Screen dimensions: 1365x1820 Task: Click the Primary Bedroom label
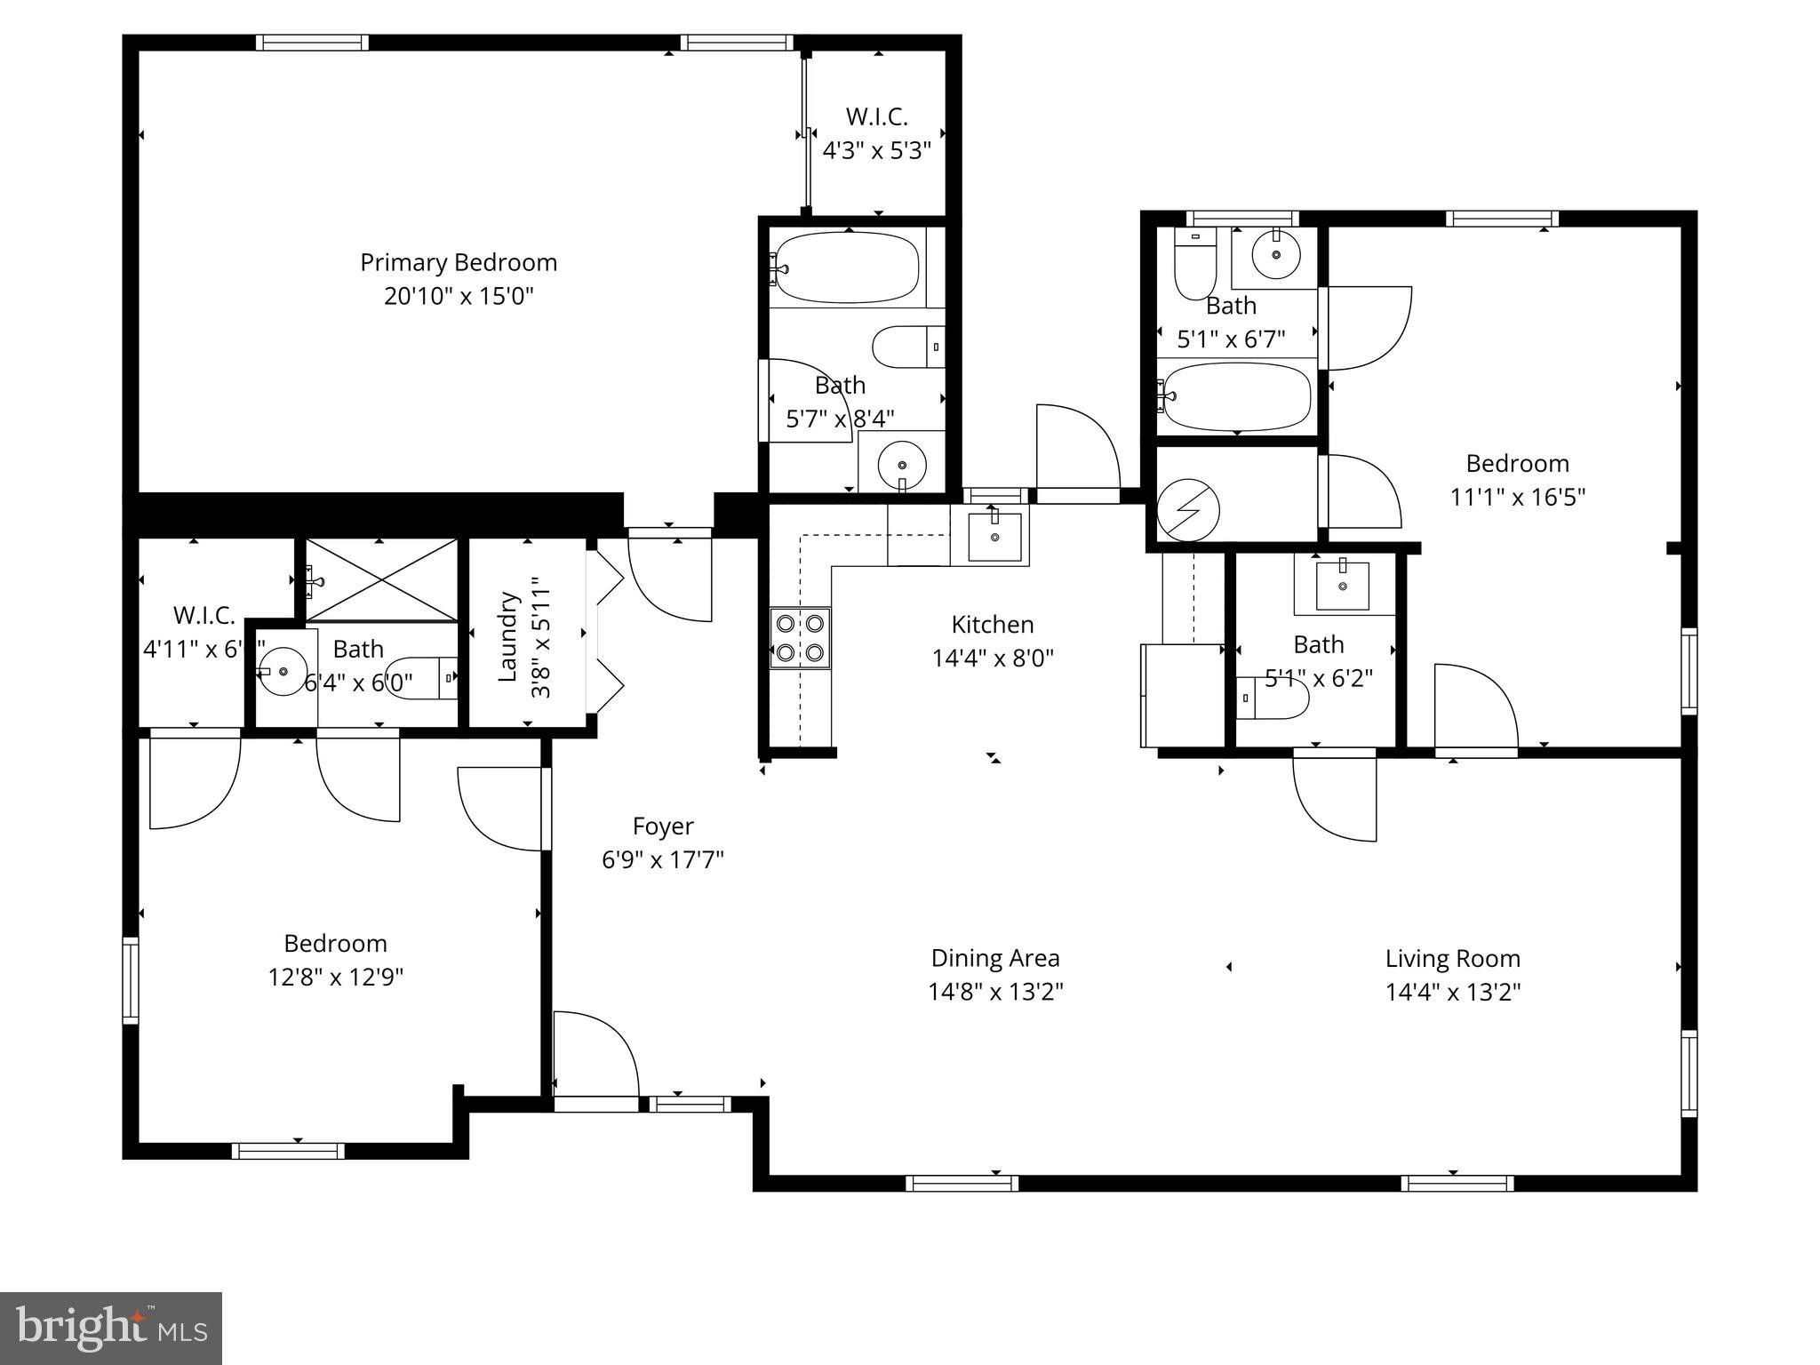tap(459, 263)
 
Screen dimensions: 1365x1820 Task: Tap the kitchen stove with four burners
tap(800, 638)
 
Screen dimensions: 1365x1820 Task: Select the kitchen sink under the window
tap(994, 537)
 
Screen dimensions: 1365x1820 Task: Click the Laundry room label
tap(507, 636)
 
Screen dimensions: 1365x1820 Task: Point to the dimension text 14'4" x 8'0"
tap(993, 659)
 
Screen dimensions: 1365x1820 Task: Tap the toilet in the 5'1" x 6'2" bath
tap(1273, 698)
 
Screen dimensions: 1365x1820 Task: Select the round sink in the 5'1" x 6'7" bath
tap(1276, 255)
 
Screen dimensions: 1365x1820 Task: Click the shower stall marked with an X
tap(380, 579)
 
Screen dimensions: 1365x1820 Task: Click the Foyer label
tap(663, 826)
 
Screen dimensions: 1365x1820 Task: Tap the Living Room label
tap(1453, 959)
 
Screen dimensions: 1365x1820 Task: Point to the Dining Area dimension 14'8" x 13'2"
tap(995, 992)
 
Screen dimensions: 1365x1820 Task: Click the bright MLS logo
tap(111, 1328)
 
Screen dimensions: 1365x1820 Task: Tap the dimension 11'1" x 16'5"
tap(1518, 497)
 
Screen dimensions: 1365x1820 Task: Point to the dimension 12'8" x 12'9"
tap(336, 978)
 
